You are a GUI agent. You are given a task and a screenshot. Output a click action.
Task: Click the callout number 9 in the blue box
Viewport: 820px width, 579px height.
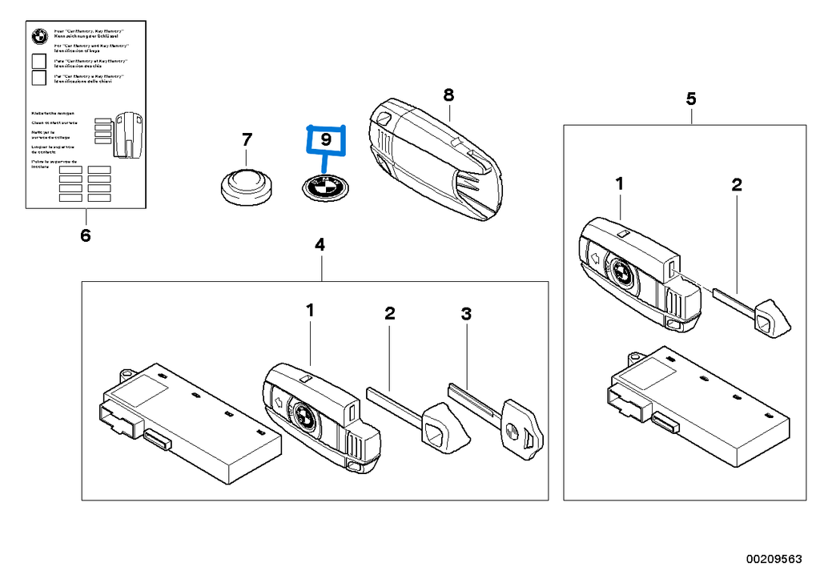325,139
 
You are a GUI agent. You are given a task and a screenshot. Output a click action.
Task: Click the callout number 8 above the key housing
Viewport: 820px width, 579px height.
448,95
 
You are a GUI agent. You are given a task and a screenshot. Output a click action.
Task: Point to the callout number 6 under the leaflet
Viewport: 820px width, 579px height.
86,236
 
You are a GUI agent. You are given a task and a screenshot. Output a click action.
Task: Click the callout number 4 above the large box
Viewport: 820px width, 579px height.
320,245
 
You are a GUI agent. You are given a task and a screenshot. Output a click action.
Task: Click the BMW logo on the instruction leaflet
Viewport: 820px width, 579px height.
37,35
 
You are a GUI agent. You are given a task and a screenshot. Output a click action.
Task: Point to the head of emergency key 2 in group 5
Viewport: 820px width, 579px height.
772,320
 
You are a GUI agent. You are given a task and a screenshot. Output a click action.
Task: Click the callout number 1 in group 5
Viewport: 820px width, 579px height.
619,185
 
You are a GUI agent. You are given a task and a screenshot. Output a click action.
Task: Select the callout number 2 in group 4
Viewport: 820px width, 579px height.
390,313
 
